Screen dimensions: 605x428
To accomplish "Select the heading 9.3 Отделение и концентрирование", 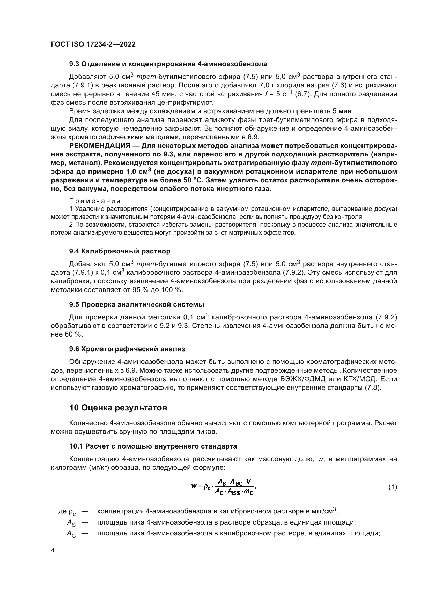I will (168, 64).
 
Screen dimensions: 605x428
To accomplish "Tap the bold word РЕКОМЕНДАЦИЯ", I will (103, 146).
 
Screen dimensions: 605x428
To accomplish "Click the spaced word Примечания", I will (95, 201).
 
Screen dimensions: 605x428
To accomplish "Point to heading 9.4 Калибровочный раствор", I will (120, 251).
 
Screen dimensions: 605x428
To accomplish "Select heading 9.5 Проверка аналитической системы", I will (137, 304).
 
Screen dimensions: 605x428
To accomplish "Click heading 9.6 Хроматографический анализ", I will (127, 349).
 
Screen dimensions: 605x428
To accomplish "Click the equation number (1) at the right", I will (393, 487).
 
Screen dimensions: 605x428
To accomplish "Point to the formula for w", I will (224, 487).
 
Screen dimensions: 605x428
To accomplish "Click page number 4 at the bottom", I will (53, 550).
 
